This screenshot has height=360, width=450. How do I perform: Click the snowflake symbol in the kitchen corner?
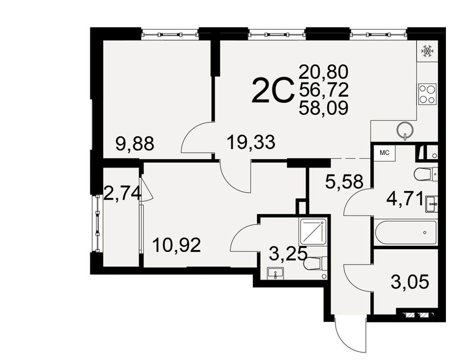(427, 51)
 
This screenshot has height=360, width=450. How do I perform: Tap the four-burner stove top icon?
(427, 94)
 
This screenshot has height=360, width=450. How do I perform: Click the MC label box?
(385, 153)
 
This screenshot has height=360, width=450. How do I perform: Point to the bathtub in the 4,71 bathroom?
(406, 233)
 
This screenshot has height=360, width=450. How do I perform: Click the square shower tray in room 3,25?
(313, 232)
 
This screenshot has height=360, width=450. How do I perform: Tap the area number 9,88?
(135, 144)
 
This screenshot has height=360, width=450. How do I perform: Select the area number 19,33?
(251, 142)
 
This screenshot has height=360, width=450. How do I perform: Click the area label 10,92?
(176, 245)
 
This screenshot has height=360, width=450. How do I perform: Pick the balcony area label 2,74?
(122, 193)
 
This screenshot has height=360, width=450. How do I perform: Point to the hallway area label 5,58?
(344, 181)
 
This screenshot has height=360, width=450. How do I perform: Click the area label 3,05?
(410, 282)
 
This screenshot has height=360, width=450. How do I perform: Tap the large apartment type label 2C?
(273, 91)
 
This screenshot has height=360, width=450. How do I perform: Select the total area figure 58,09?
(324, 108)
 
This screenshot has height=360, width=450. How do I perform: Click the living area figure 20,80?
(324, 72)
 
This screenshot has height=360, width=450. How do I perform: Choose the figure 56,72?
(324, 90)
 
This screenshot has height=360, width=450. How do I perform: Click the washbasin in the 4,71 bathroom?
(432, 204)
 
